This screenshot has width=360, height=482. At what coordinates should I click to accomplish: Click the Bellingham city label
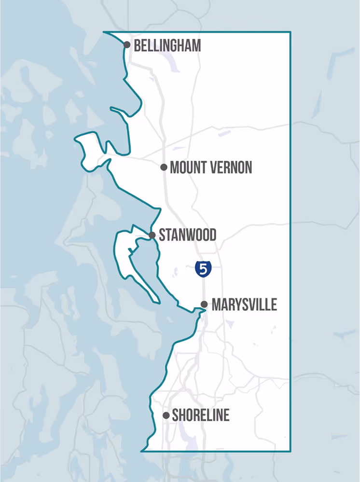tap(167, 46)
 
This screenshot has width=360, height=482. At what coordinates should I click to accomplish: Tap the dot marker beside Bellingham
tap(127, 45)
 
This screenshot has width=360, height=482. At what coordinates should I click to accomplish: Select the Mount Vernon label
tap(211, 167)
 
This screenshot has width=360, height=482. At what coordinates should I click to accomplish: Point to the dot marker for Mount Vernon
tap(164, 167)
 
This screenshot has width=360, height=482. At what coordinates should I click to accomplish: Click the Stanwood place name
tap(187, 235)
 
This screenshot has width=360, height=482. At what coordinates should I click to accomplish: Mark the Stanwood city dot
tap(152, 235)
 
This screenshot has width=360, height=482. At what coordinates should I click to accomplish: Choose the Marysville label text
tap(244, 304)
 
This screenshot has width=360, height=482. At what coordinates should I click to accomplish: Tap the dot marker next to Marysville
tap(204, 304)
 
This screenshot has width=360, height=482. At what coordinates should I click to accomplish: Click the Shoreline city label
tap(200, 415)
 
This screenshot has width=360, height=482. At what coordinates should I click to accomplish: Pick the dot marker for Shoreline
tap(166, 415)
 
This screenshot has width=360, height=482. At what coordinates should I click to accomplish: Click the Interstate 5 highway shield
tap(203, 269)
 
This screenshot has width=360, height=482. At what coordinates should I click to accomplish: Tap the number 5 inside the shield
tap(203, 269)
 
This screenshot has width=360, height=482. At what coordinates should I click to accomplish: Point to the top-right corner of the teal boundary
tap(290, 32)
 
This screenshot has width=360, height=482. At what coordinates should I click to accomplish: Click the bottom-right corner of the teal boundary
tap(290, 451)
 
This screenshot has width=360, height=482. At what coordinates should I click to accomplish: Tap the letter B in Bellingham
tap(137, 46)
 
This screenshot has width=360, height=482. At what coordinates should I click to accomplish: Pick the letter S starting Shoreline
tap(175, 415)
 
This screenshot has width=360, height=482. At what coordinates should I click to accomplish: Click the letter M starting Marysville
tap(216, 304)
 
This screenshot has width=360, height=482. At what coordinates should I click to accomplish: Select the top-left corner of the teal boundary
tap(104, 32)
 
